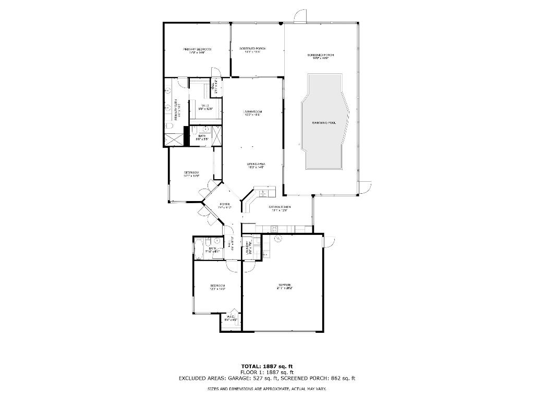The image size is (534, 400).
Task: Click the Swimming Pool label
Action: click(324, 122)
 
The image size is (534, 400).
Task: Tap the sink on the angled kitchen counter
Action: click(262, 193)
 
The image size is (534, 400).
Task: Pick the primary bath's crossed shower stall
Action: click(175, 139)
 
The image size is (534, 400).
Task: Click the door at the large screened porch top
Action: click(300, 17)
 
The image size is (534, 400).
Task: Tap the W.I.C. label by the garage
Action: click(230, 317)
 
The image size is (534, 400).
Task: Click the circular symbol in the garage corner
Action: click(278, 238)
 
